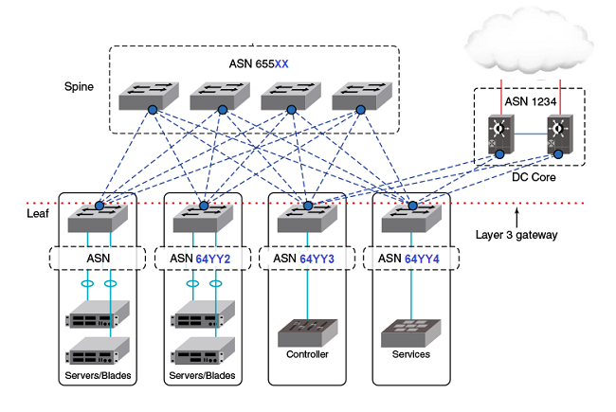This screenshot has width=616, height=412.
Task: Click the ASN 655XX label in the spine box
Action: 259,63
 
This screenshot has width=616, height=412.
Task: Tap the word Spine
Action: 79,87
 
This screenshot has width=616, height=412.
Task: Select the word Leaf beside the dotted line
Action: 38,214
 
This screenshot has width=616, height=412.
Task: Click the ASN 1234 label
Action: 531,101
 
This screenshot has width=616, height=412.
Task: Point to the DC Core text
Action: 534,177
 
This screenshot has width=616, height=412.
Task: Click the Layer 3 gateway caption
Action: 516,235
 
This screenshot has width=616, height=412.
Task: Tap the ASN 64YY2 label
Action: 200,259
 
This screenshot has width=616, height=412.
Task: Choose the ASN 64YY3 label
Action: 303,259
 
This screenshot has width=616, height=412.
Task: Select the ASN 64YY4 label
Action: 408,259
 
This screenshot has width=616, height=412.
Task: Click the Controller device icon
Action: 308,332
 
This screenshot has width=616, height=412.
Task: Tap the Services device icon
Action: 411,332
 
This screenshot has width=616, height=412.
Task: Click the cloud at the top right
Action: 529,45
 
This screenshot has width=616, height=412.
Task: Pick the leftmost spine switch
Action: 149,96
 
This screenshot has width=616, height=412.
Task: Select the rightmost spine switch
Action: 362,96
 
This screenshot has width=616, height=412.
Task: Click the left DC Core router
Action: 501,134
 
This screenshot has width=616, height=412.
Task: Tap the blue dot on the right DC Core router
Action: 558,154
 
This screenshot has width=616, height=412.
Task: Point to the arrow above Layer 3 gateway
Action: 517,218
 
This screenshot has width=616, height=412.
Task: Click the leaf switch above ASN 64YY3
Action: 307,218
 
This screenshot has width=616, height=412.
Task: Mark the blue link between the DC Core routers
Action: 531,134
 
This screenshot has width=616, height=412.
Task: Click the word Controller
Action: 307,354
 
